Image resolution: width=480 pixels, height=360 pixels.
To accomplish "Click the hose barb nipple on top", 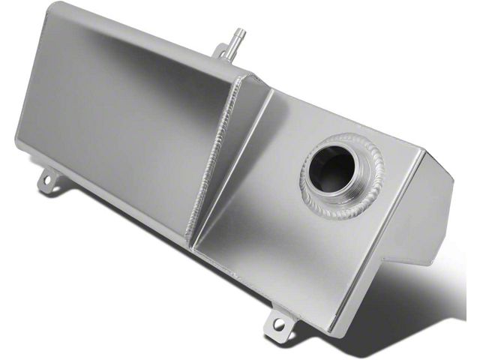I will pos(237,37).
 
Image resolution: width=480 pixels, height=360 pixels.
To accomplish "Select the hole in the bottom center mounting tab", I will pos(279,324).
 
